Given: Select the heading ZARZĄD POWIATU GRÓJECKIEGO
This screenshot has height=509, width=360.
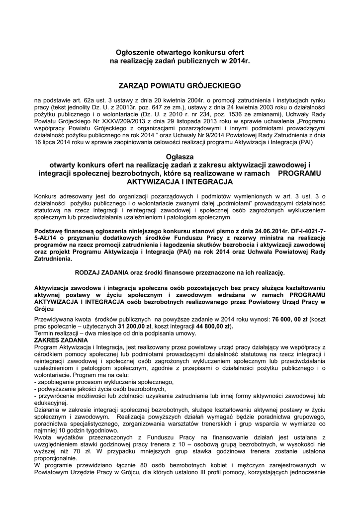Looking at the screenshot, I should (180, 85).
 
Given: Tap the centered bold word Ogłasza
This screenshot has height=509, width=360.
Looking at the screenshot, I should (180, 156).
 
